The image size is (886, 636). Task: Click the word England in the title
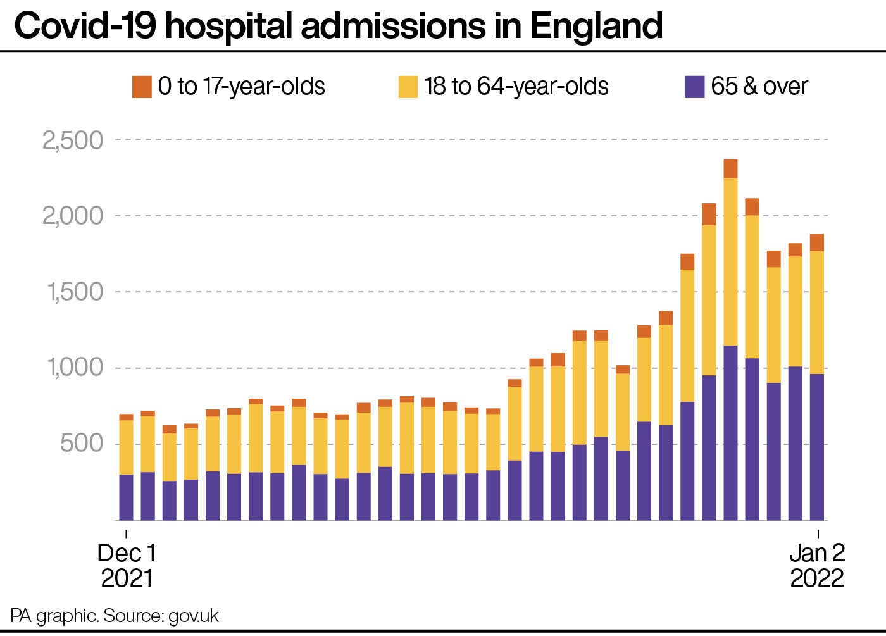click(596, 27)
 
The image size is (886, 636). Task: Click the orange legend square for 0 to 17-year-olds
click(142, 87)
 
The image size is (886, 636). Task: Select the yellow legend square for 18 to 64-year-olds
click(408, 87)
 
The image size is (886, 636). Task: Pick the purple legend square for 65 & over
click(695, 87)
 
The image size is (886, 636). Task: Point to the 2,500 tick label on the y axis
click(73, 140)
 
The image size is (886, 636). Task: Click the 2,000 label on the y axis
click(73, 216)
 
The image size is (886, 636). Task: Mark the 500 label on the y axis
click(82, 444)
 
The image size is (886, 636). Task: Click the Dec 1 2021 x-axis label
click(127, 565)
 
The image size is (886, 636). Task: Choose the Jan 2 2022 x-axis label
click(817, 565)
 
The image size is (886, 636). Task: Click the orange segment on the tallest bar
click(730, 169)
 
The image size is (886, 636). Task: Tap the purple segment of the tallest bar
click(730, 433)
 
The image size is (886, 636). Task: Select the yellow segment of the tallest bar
click(730, 262)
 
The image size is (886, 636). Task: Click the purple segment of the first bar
click(127, 497)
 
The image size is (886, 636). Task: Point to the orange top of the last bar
click(817, 242)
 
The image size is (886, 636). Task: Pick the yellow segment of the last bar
click(817, 313)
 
